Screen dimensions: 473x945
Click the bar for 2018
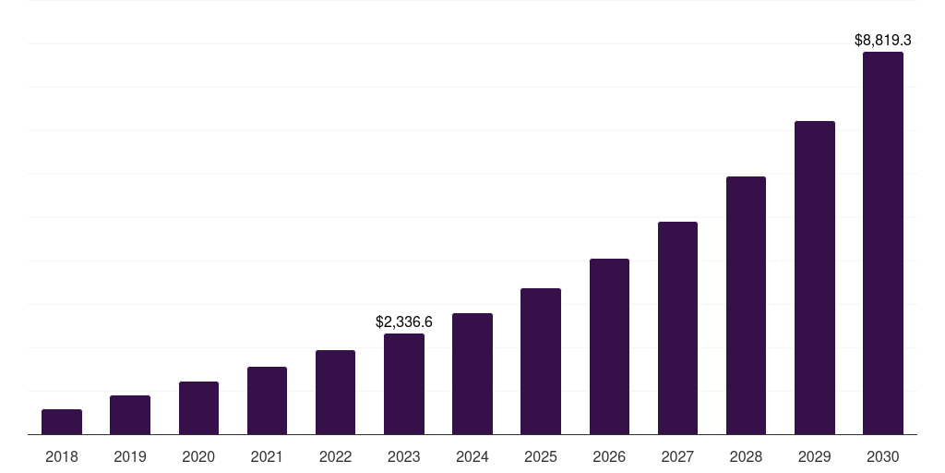click(x=62, y=422)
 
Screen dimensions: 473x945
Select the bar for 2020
click(x=198, y=408)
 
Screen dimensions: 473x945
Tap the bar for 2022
click(x=335, y=393)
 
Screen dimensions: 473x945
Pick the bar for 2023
click(x=404, y=384)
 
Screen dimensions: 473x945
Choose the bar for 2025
click(x=541, y=361)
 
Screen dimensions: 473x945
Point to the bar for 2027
click(x=677, y=328)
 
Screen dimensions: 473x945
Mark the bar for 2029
click(x=814, y=278)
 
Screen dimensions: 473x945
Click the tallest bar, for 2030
click(x=883, y=243)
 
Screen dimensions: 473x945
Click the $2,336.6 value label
click(x=404, y=322)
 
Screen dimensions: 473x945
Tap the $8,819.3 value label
click(x=883, y=41)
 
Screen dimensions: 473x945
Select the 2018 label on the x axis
click(x=62, y=456)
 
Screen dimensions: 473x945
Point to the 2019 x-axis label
click(x=130, y=456)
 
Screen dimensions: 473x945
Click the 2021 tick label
click(x=267, y=456)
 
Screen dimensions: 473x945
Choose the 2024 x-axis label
click(x=472, y=456)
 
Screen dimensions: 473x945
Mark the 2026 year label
click(x=609, y=456)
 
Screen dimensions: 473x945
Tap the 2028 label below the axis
click(x=746, y=456)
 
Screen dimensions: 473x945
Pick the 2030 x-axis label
click(x=883, y=456)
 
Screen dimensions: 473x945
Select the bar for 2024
click(x=472, y=374)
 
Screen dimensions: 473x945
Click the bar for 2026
click(x=609, y=346)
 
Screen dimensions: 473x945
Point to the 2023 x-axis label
click(x=404, y=456)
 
